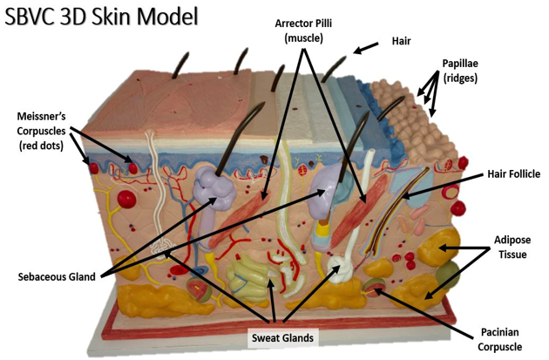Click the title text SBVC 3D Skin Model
(x=102, y=17)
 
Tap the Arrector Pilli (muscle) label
(x=303, y=31)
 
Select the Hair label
(x=401, y=41)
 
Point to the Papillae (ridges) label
(x=460, y=71)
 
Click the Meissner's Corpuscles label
(x=41, y=131)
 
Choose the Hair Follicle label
(x=513, y=173)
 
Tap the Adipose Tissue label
(x=512, y=248)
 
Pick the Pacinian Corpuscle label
(x=499, y=339)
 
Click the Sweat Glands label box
(x=283, y=338)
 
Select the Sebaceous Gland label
(x=57, y=276)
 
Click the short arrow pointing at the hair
(x=365, y=48)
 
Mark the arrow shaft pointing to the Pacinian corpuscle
(x=424, y=312)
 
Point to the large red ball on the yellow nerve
(x=126, y=199)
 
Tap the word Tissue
(x=512, y=255)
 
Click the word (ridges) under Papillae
(x=460, y=78)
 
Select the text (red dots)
(x=41, y=146)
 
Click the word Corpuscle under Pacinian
(x=499, y=347)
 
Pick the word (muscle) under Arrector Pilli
(x=303, y=37)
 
